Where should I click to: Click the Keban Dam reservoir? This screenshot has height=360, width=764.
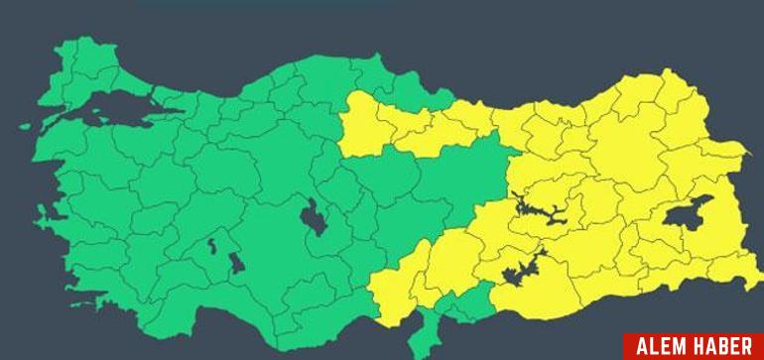pyautogui.click(x=536, y=210)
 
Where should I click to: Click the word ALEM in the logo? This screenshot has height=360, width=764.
pyautogui.click(x=662, y=346)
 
